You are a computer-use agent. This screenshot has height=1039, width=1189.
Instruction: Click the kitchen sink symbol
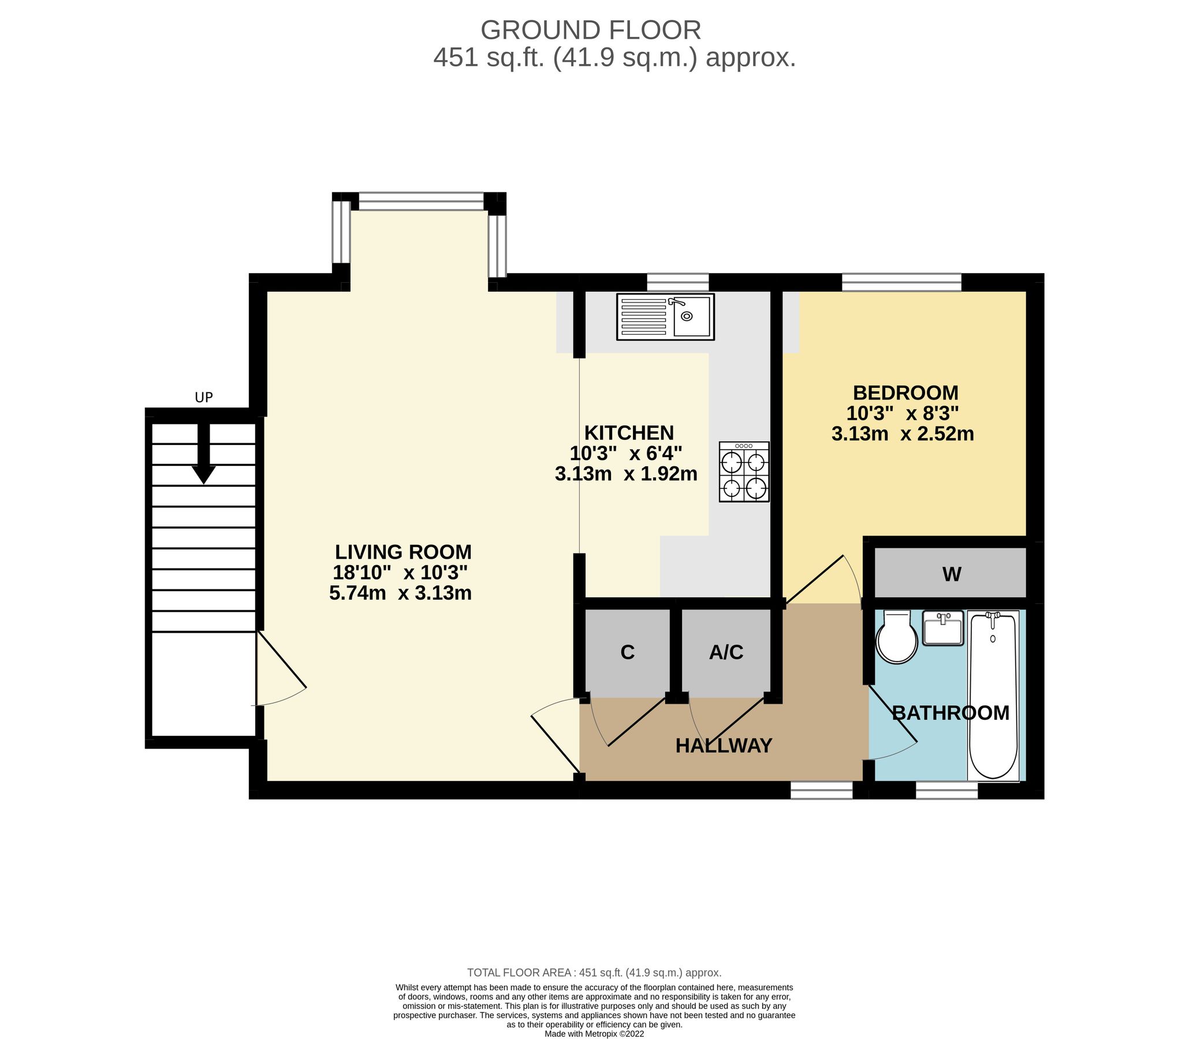[x=665, y=316]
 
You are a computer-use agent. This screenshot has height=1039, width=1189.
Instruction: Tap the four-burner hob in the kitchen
[x=744, y=472]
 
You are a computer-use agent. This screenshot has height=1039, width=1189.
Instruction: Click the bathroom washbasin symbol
[x=942, y=628]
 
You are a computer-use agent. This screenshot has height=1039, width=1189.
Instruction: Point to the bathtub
[x=993, y=695]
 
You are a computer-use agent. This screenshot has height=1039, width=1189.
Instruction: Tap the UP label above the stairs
[x=204, y=398]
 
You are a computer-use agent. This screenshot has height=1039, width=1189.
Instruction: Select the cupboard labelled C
[x=628, y=653]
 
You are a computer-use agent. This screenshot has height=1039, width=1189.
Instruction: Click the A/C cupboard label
[x=726, y=653]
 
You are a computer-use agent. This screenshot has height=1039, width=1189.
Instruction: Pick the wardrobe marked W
[x=951, y=574]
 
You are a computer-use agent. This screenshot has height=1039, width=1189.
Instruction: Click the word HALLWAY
[x=723, y=746]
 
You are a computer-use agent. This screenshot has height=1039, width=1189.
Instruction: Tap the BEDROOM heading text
[x=905, y=393]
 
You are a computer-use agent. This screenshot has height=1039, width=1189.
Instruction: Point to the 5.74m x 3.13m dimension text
[x=400, y=593]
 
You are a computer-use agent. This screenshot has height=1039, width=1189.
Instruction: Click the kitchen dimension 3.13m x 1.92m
[x=626, y=474]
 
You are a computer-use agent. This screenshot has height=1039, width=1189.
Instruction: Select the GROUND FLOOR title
[x=590, y=30]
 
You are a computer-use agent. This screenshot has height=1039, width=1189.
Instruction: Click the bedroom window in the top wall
[x=901, y=283]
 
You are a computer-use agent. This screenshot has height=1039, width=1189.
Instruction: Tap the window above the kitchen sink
[x=677, y=283]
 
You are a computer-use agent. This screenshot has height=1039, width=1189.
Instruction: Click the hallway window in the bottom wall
[x=821, y=790]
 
